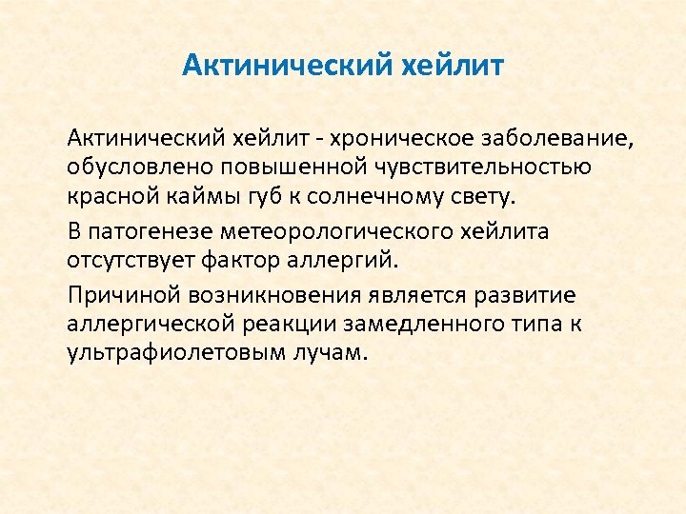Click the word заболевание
[549, 140]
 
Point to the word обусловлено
[127, 169]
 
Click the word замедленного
[422, 323]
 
